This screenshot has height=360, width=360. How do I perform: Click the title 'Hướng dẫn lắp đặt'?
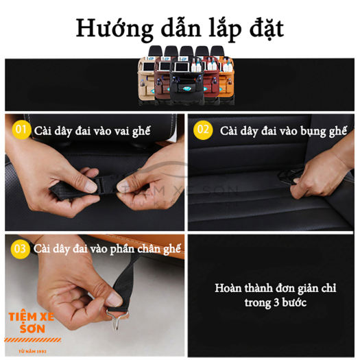[x=180, y=29]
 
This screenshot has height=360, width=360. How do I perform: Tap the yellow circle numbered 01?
[x=21, y=130]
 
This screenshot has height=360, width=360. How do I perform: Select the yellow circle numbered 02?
[x=203, y=130]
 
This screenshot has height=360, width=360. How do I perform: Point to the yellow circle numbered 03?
[x=20, y=249]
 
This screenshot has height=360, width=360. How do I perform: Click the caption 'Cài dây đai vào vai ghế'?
[x=93, y=132]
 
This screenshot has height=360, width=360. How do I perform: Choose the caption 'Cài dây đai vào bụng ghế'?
[x=283, y=132]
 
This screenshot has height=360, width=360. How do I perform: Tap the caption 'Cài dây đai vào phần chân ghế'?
[x=107, y=250]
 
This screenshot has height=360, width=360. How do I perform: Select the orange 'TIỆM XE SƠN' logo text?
[x=32, y=322]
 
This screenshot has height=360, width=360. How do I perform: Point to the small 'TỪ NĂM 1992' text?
[x=32, y=351]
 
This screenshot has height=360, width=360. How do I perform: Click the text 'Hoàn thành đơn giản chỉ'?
[x=275, y=288]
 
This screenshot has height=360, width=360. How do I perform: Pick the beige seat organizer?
[x=147, y=80]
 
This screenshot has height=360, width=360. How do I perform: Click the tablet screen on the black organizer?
[x=182, y=67]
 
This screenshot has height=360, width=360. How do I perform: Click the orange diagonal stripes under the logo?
[x=33, y=340]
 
